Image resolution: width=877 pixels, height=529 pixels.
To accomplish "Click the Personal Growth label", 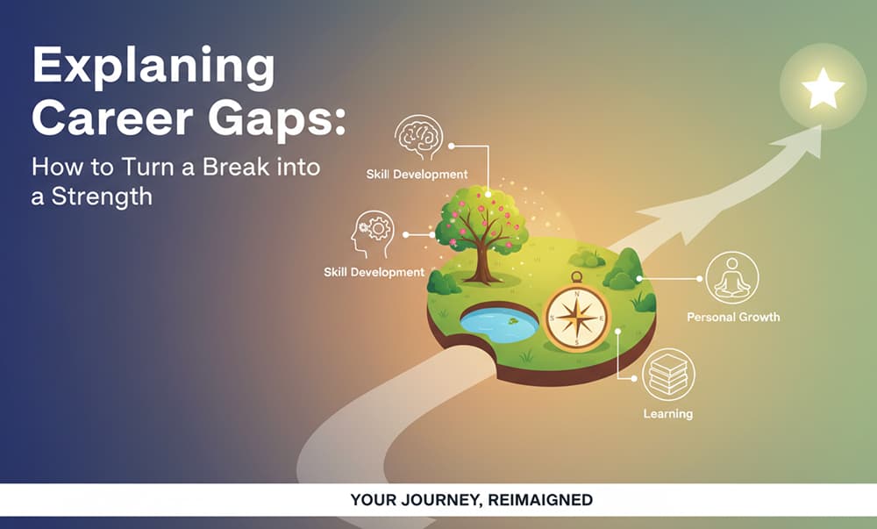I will (733, 317).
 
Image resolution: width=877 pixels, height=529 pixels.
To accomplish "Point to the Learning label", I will (668, 413).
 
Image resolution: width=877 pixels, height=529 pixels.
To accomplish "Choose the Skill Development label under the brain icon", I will (417, 174).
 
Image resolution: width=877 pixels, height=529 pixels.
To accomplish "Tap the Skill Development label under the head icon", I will (374, 272).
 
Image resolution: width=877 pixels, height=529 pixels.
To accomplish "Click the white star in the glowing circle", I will (823, 89).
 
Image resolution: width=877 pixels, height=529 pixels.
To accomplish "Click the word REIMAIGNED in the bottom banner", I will (540, 500).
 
